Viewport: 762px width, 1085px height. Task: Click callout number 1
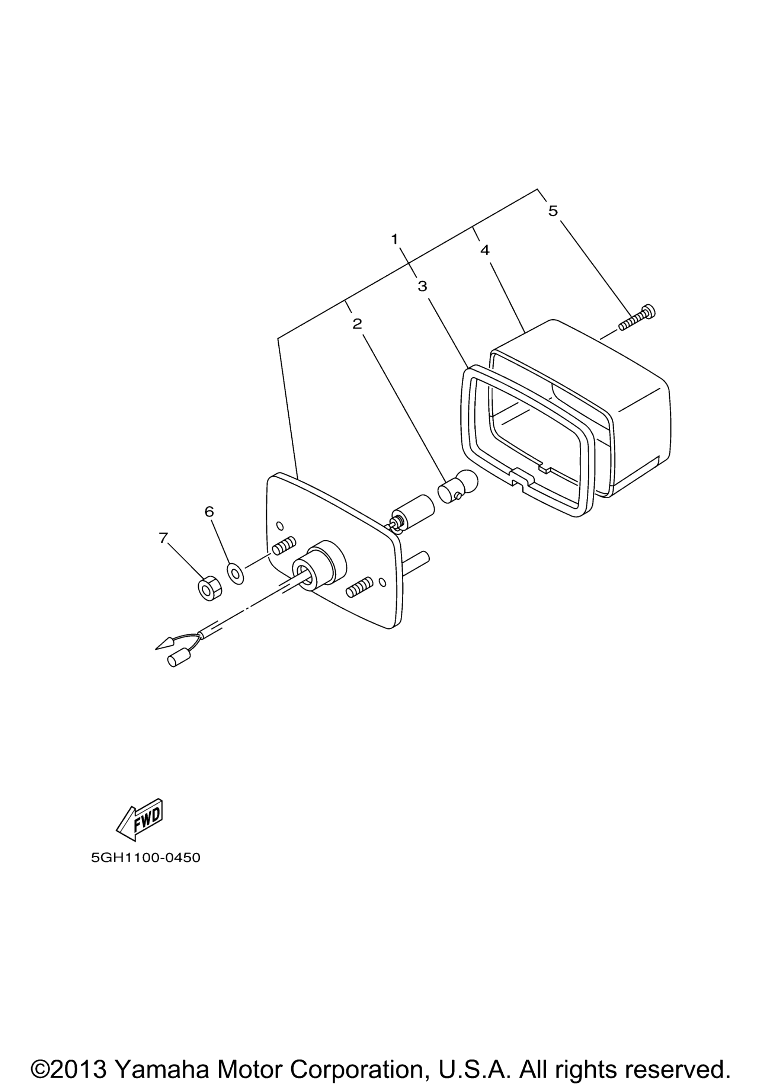(x=394, y=239)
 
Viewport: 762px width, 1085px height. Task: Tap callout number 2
(x=357, y=324)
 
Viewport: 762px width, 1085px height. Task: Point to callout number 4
(x=485, y=250)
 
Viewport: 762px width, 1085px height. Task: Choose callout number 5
(x=553, y=211)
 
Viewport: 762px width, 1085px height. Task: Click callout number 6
(x=209, y=511)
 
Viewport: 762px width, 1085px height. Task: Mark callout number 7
(x=163, y=538)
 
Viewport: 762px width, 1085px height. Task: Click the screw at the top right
(x=637, y=317)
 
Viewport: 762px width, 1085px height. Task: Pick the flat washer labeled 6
(x=236, y=574)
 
